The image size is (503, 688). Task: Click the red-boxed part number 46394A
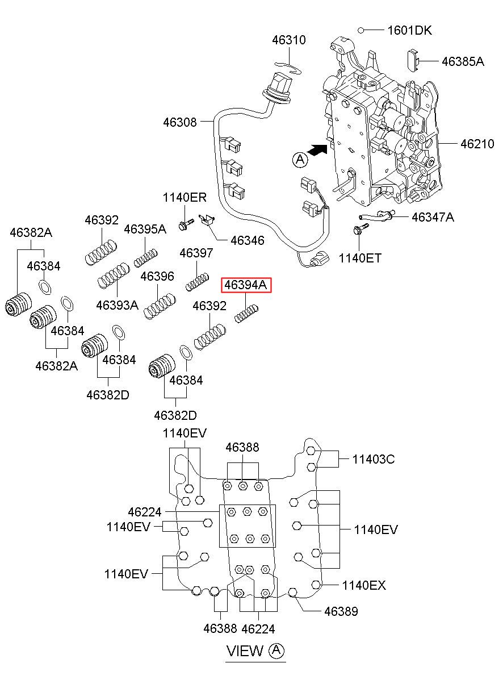tap(246, 285)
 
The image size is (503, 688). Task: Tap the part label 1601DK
tap(410, 31)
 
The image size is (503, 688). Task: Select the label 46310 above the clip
tap(289, 40)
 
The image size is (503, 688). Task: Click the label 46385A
tap(463, 61)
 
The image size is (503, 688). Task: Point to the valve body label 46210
tap(477, 144)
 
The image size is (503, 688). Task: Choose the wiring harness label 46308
tap(180, 122)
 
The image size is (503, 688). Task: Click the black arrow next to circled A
tap(317, 150)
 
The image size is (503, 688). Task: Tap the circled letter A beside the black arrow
tap(300, 160)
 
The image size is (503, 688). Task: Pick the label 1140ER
tap(185, 198)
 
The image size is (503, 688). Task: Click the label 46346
tap(248, 240)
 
